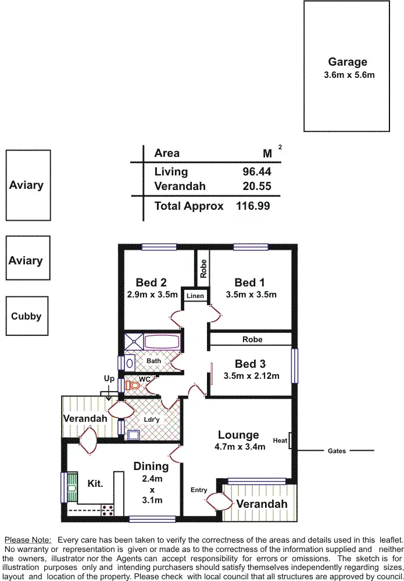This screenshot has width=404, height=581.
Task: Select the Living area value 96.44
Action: tap(256, 172)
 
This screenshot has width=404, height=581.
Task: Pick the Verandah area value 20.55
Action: tap(256, 187)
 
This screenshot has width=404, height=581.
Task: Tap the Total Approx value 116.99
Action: tap(253, 206)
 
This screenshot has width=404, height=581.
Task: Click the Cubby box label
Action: tap(26, 317)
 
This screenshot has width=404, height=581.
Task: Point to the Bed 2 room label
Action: tap(151, 282)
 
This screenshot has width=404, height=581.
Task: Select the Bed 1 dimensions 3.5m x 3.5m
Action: tap(251, 295)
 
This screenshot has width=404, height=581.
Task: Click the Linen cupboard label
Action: tap(195, 296)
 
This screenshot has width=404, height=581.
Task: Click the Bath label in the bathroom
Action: tap(153, 361)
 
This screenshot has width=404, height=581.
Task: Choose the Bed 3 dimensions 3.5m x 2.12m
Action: tap(251, 376)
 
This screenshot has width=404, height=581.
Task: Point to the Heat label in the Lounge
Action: tap(280, 440)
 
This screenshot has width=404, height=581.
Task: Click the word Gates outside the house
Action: tap(337, 451)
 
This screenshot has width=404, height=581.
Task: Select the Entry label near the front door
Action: tap(199, 490)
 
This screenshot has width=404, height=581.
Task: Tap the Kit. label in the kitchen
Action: tap(95, 483)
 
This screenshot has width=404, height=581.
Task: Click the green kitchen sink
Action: tap(71, 487)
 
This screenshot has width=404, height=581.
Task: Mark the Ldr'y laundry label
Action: tap(151, 419)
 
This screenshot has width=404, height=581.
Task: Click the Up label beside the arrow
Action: tap(109, 378)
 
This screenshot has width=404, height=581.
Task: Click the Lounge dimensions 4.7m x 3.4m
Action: tap(239, 447)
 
